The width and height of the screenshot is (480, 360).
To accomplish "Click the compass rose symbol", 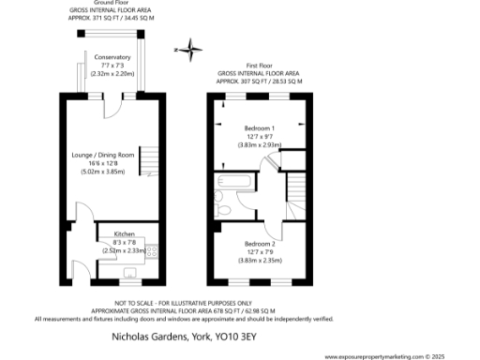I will point(189,49).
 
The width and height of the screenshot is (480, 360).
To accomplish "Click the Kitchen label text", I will point(126,232).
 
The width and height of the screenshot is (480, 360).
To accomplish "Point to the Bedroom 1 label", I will point(260,127).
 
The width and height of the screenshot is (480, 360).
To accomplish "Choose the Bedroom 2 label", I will point(260,242).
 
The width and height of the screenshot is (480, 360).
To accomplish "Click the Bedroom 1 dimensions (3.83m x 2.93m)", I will point(260,145).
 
